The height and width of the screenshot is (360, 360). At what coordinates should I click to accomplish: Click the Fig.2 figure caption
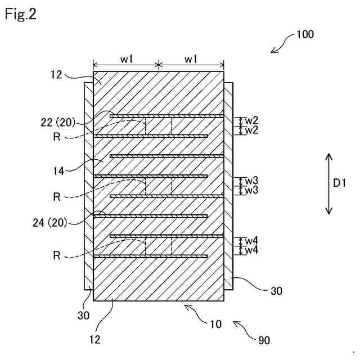pos(21,14)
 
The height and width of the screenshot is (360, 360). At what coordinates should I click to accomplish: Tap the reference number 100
pos(305,34)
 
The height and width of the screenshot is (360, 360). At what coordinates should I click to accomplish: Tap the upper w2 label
pos(251,120)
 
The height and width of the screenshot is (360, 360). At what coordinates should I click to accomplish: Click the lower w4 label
pos(251,250)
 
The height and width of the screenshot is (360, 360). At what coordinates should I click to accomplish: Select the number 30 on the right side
pos(276,291)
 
